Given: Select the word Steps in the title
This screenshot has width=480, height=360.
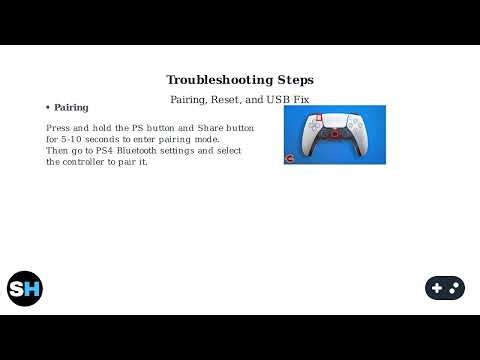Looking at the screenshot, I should (x=291, y=80).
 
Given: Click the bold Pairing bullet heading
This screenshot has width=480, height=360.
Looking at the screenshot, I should (x=71, y=107).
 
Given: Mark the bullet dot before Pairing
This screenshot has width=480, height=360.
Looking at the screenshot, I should (x=47, y=107).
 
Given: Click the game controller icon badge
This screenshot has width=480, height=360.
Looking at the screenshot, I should (x=444, y=288).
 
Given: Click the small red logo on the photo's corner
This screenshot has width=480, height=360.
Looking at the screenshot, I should (x=290, y=158).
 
